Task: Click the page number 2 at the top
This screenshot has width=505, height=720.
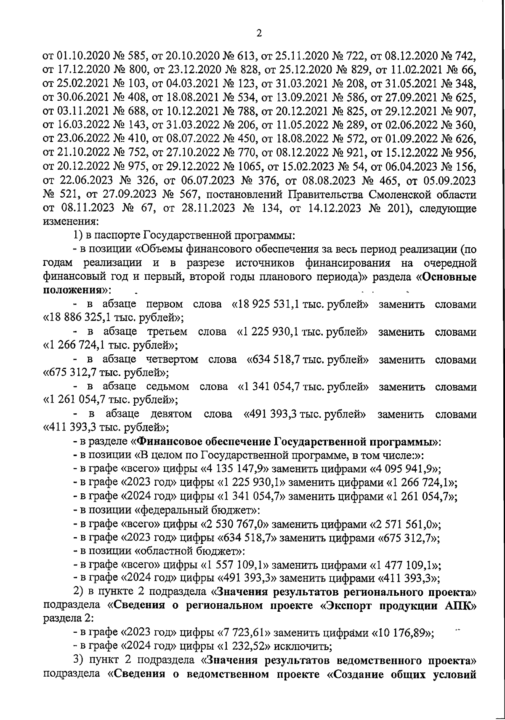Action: (x=259, y=33)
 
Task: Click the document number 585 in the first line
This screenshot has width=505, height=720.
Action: (x=136, y=56)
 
